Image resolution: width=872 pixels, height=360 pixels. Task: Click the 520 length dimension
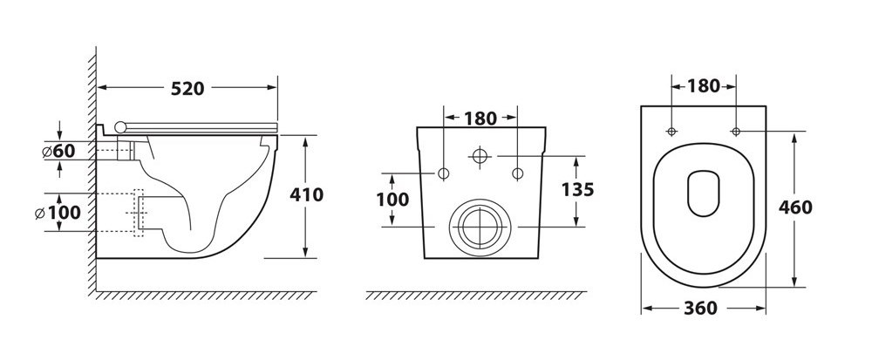coord(187,88)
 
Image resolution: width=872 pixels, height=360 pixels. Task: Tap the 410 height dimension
coord(306,195)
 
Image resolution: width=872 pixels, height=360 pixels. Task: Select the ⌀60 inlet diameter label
coord(59,151)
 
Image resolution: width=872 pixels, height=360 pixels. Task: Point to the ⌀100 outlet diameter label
coord(58,212)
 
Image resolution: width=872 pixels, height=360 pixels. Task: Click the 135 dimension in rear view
coord(577,190)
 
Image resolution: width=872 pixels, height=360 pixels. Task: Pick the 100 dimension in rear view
coord(392,200)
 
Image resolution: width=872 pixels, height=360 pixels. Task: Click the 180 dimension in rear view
coord(480,119)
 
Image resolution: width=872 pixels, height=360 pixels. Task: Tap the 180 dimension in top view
coord(704,86)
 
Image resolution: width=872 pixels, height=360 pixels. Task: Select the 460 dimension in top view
coord(795,207)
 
